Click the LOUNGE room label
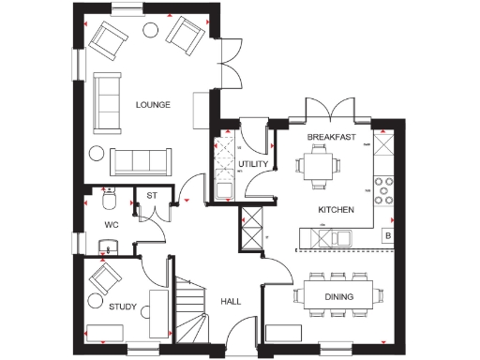[x=152, y=105]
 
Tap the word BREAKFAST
[x=332, y=137]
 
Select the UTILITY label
[x=253, y=164]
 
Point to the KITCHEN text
[x=335, y=210]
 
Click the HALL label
[x=232, y=301]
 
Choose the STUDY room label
[x=123, y=306]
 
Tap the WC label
[x=112, y=225]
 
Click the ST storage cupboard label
[x=150, y=196]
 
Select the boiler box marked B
[x=388, y=236]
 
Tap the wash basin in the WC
[x=108, y=247]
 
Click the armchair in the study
[x=104, y=278]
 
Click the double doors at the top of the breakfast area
[x=333, y=110]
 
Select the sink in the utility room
[x=225, y=191]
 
